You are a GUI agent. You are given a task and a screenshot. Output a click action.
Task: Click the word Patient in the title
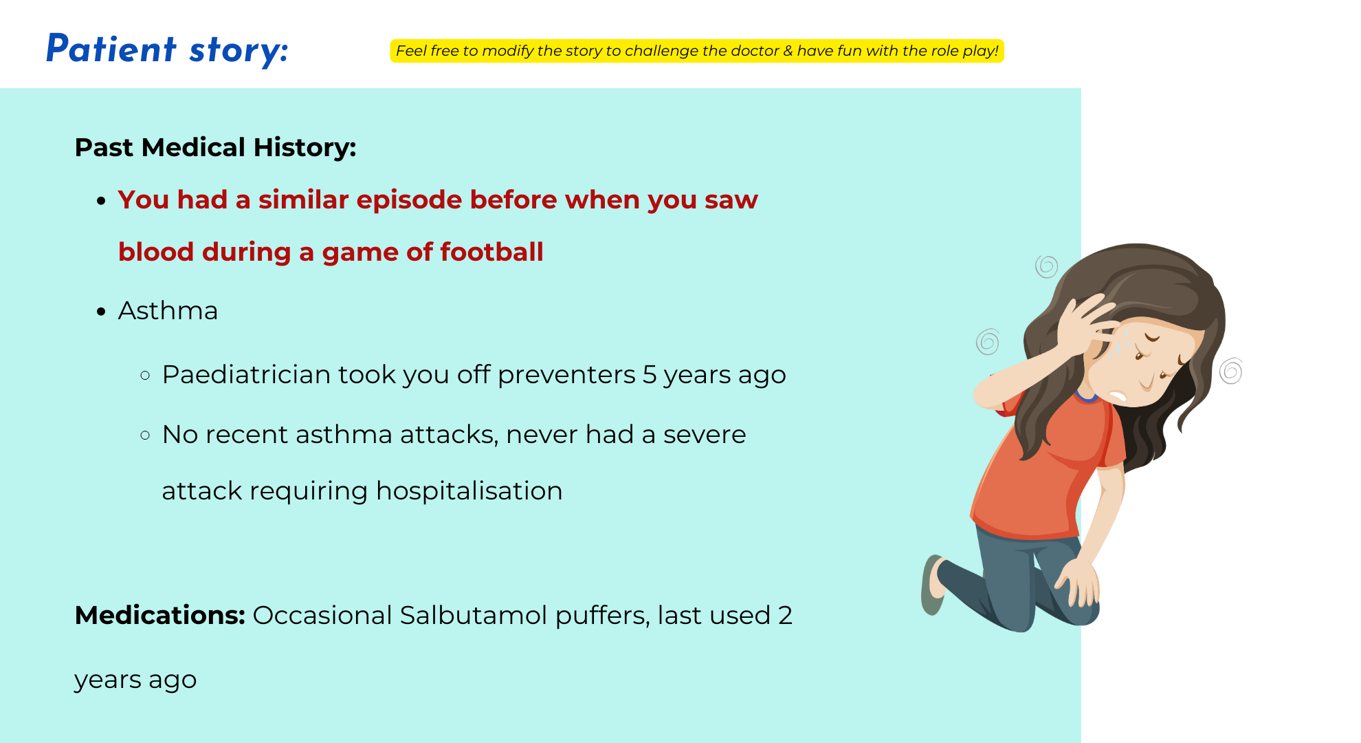pos(111,49)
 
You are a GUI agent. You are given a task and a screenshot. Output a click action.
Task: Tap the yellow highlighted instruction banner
pos(697,51)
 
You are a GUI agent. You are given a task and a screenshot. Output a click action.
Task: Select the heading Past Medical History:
pos(215,147)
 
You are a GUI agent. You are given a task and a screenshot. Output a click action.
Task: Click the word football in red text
pos(491,252)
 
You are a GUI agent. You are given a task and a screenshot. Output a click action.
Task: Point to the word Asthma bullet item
pos(168,311)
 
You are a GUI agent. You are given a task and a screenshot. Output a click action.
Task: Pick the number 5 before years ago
pos(649,375)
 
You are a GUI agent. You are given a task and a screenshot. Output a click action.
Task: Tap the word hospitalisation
pos(469,491)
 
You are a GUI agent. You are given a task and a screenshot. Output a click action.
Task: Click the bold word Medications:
pos(159,615)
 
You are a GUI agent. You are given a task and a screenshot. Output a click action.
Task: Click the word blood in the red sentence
pos(156,252)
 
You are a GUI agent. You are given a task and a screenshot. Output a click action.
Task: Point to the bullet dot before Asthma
pos(101,312)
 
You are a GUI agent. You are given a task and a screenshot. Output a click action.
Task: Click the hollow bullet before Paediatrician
pos(145,376)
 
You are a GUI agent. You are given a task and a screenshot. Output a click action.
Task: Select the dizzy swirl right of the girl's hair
pos(1231,371)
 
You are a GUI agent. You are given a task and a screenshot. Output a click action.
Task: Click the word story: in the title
pos(239,51)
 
